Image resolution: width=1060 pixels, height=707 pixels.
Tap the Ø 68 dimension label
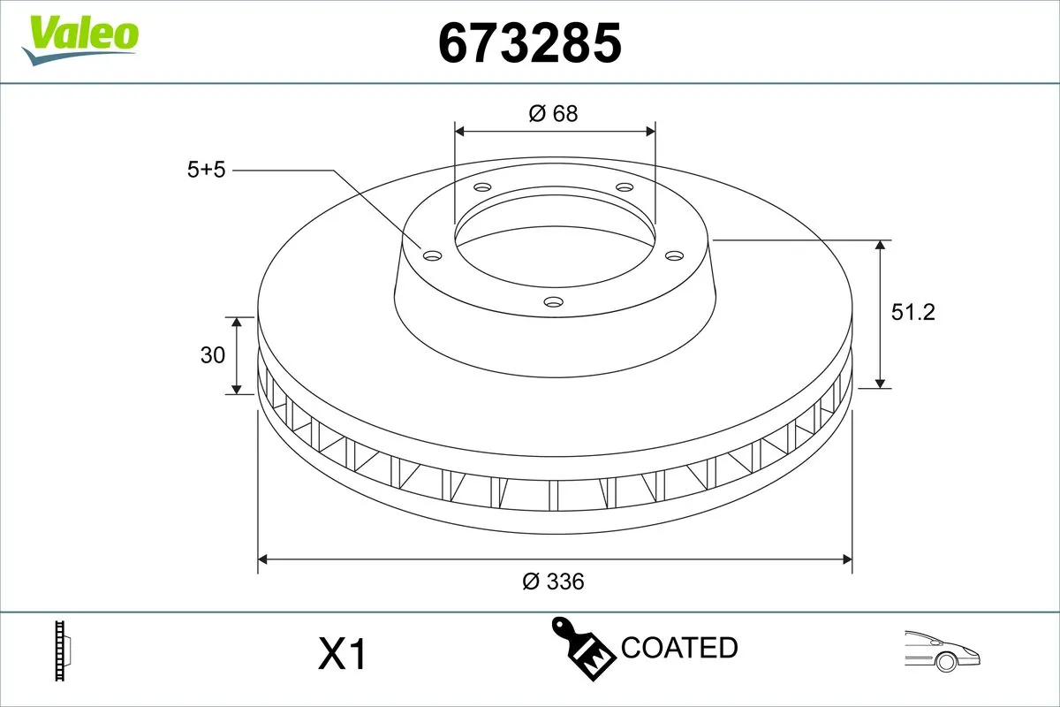554,113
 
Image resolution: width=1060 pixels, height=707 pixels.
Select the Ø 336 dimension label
554,582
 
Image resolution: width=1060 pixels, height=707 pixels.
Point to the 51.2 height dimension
912,311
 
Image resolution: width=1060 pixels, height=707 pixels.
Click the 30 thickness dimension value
213,355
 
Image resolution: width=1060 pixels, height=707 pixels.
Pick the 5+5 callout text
207,170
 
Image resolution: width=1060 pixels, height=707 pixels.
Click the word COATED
679,648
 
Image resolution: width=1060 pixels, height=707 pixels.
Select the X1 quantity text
342,655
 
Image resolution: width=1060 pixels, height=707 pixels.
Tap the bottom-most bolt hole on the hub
553,302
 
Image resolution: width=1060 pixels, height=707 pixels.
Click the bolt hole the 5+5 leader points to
432,256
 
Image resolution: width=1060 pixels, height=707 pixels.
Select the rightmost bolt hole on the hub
675,255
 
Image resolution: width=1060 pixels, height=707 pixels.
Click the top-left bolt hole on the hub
481,187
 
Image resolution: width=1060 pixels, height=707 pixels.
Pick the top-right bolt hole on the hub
625,187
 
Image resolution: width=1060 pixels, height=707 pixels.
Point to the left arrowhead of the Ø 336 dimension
262,559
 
